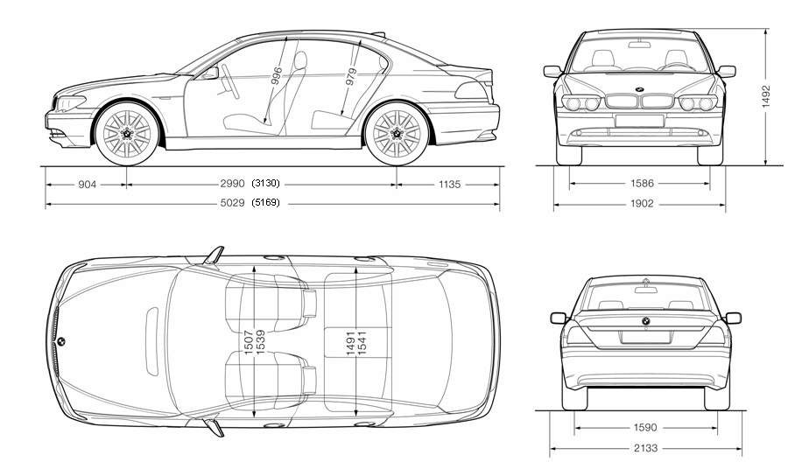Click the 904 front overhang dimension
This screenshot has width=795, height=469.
(x=87, y=185)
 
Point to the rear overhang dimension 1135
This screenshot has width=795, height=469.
(x=448, y=185)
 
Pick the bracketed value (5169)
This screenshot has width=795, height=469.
(x=264, y=205)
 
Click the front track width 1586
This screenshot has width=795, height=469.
(x=639, y=184)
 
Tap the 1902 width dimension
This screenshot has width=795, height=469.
(x=639, y=204)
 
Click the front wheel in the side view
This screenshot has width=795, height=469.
(x=127, y=133)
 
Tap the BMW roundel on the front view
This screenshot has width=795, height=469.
(x=639, y=92)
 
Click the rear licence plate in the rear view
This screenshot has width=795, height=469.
(x=645, y=336)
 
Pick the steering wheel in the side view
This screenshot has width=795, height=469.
(x=232, y=83)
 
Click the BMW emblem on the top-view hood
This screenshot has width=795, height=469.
(x=63, y=340)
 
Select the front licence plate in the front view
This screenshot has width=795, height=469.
(x=639, y=121)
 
